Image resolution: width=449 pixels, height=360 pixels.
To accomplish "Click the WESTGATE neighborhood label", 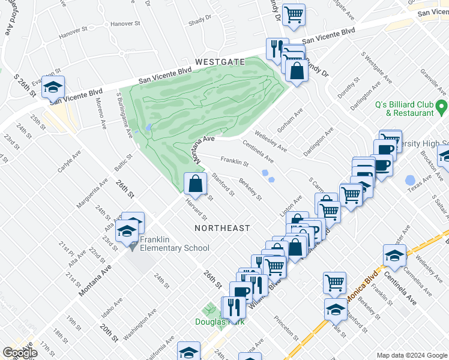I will pos(220,62).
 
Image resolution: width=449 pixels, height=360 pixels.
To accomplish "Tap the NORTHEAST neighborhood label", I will pos(222,228).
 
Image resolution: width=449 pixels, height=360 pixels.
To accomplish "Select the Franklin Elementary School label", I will pos(175,244).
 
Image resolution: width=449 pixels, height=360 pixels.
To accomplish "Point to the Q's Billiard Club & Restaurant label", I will pos(404,109).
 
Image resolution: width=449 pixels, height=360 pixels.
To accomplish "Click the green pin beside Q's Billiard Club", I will pos(442,108).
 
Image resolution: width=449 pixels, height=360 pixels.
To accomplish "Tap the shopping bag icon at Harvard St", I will pos(195,184).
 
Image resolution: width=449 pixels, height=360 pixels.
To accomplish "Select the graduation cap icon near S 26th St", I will pos(53,88).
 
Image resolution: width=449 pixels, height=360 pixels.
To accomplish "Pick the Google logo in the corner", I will pos(20,353).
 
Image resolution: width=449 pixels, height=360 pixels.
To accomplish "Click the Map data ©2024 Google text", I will pos(411,355).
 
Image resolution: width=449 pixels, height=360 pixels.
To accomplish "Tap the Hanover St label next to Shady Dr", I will pos(125,25).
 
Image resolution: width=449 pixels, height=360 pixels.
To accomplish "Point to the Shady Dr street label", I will pos(197,22).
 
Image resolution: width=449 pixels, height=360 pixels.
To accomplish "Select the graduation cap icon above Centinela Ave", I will pos(394,255).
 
